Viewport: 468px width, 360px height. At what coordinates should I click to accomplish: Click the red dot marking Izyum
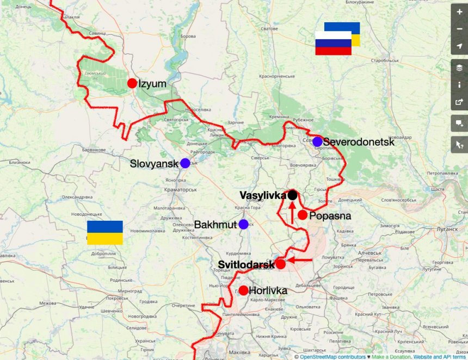click(x=132, y=83)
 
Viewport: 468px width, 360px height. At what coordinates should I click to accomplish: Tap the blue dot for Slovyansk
click(x=185, y=163)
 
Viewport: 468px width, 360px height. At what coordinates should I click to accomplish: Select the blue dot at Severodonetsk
click(x=317, y=141)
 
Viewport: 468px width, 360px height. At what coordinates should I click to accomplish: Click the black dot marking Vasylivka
click(x=292, y=195)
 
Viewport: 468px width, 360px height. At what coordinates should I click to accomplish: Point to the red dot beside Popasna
click(x=303, y=215)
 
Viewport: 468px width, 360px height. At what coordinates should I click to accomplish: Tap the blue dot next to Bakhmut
click(x=243, y=224)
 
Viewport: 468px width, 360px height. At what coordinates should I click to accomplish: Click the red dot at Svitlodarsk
click(x=280, y=264)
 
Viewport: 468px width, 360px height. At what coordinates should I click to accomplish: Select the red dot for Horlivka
click(x=243, y=290)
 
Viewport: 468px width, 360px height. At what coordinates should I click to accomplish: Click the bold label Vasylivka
click(x=263, y=195)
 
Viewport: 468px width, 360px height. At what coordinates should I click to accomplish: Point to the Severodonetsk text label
click(x=358, y=142)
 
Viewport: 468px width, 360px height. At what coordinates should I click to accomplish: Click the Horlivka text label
click(x=268, y=291)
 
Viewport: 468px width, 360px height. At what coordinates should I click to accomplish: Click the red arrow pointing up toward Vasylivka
click(x=292, y=213)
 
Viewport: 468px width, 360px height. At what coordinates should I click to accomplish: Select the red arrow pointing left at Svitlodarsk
click(x=299, y=260)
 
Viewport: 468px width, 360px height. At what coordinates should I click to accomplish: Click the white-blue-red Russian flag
click(x=333, y=43)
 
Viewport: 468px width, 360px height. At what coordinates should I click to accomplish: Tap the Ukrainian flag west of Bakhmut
click(x=105, y=233)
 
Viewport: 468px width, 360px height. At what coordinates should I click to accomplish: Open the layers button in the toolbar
click(x=459, y=68)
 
